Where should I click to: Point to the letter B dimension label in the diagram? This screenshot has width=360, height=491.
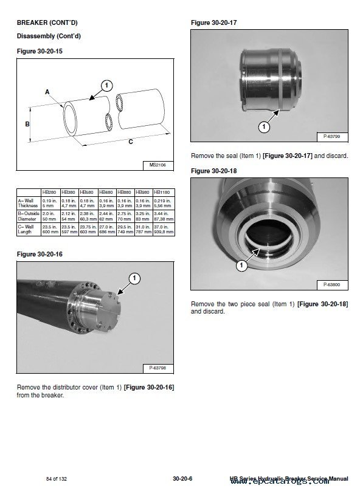click(x=27, y=123)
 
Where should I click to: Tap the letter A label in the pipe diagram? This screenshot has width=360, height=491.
click(x=47, y=91)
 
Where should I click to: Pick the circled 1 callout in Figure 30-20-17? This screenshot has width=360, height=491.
click(x=264, y=127)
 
